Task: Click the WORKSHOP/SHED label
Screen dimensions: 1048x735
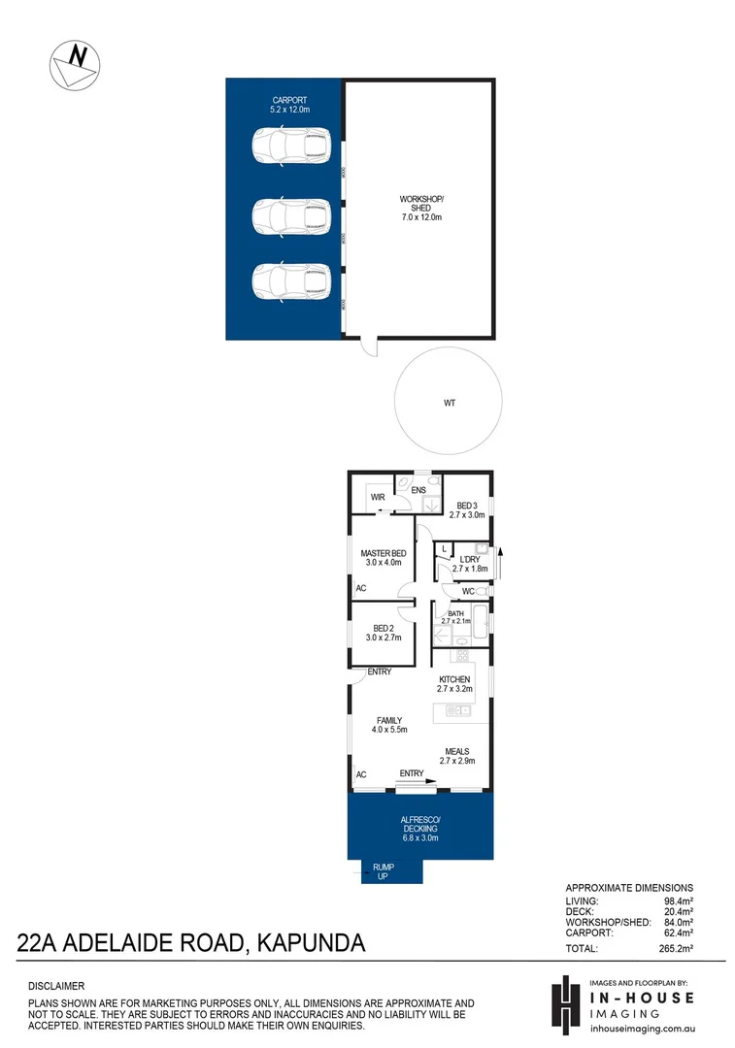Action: click(421, 208)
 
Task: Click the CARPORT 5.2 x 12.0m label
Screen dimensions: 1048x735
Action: click(289, 105)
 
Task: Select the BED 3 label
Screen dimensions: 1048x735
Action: click(467, 511)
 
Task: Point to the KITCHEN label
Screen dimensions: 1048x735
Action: click(454, 685)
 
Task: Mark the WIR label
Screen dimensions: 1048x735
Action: click(378, 498)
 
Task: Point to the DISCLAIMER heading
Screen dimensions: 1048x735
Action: click(57, 985)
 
